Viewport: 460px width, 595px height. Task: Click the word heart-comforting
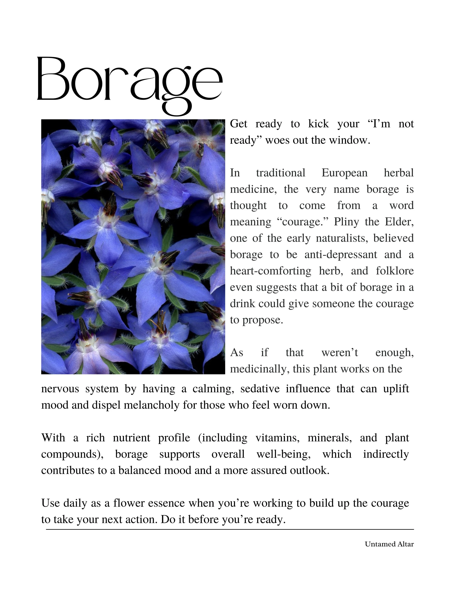[271, 271]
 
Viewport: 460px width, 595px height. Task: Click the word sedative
[260, 389]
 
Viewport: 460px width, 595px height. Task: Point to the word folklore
[395, 271]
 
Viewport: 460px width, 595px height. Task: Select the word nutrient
[131, 438]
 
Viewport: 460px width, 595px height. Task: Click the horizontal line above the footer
[230, 529]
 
